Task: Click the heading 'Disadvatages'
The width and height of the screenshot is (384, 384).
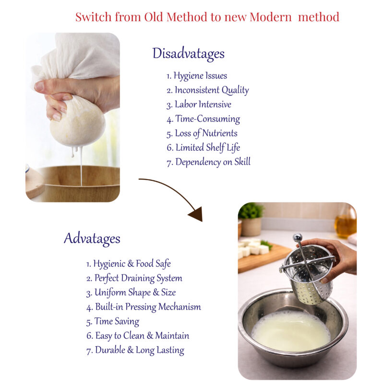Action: [x=188, y=54]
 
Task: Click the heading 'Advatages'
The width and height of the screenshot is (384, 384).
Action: [x=92, y=239]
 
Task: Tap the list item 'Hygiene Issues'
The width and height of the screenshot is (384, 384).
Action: [x=197, y=76]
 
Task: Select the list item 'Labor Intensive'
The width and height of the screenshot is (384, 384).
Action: [x=199, y=105]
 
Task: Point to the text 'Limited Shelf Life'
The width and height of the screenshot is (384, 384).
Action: [x=203, y=148]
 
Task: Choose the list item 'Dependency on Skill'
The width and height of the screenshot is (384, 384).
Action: [x=208, y=162]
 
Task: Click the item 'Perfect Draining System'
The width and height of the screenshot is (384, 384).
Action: [x=134, y=278]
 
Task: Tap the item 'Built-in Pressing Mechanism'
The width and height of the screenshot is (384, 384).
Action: [x=144, y=307]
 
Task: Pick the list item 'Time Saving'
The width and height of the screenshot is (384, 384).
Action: [x=113, y=322]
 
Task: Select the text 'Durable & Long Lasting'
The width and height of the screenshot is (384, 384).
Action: [x=135, y=350]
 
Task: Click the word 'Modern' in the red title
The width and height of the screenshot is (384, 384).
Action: [x=271, y=17]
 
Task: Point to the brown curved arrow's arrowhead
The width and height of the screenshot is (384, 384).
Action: [x=197, y=214]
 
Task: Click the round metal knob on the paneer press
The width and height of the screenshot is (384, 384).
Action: [x=298, y=237]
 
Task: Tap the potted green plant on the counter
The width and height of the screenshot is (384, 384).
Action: [x=251, y=219]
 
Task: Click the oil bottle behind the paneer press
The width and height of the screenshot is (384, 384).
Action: [x=346, y=222]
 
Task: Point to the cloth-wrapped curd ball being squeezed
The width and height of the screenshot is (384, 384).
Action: [x=78, y=122]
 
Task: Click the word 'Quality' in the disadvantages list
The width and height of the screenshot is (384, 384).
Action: [x=235, y=90]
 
